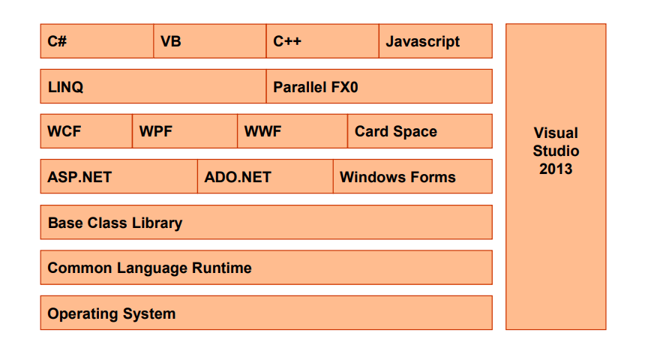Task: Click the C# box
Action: click(x=97, y=41)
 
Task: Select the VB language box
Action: click(x=210, y=41)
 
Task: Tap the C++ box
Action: click(x=322, y=41)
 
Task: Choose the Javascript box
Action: click(x=436, y=41)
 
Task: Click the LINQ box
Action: click(x=153, y=87)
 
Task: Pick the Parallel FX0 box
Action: click(x=379, y=87)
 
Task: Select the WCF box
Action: click(x=86, y=132)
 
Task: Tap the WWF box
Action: click(x=292, y=132)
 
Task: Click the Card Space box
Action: click(x=420, y=132)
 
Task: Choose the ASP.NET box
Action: click(x=119, y=177)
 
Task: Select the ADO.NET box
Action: click(x=265, y=177)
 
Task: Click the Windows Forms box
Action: click(x=412, y=177)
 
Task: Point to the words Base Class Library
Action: click(x=115, y=223)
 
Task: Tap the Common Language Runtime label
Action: click(x=149, y=268)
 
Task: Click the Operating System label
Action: click(x=111, y=313)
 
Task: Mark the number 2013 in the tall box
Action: click(x=556, y=169)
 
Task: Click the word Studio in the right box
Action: click(x=556, y=151)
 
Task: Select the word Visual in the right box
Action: click(x=556, y=133)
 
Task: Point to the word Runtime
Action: click(x=222, y=268)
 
